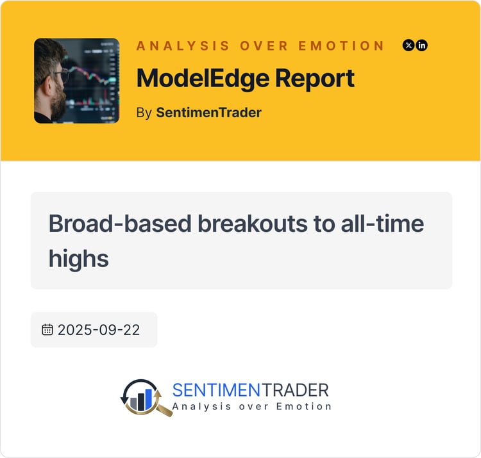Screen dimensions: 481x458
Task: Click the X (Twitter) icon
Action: (409, 45)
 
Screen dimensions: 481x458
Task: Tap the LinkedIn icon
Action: (421, 45)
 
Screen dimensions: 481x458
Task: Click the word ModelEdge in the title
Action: (203, 79)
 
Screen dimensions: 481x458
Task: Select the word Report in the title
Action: (315, 79)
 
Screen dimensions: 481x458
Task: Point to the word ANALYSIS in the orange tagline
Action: (183, 45)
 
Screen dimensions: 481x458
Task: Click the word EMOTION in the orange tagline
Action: (341, 45)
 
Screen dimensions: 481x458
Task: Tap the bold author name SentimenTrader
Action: (208, 113)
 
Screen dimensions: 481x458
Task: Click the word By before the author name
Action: (144, 113)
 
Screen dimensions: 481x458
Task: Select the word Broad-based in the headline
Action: (120, 224)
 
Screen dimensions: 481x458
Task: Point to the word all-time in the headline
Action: (382, 224)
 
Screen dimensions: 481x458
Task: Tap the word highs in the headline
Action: (79, 259)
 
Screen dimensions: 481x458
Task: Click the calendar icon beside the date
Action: (47, 330)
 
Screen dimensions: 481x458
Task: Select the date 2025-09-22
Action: (99, 330)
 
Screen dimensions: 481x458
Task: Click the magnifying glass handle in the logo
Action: (164, 410)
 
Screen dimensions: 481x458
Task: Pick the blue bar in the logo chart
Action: (149, 399)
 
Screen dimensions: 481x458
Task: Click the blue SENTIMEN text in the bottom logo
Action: (216, 390)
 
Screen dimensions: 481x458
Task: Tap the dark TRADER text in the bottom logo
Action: (295, 390)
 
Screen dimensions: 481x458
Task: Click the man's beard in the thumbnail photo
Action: (58, 102)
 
